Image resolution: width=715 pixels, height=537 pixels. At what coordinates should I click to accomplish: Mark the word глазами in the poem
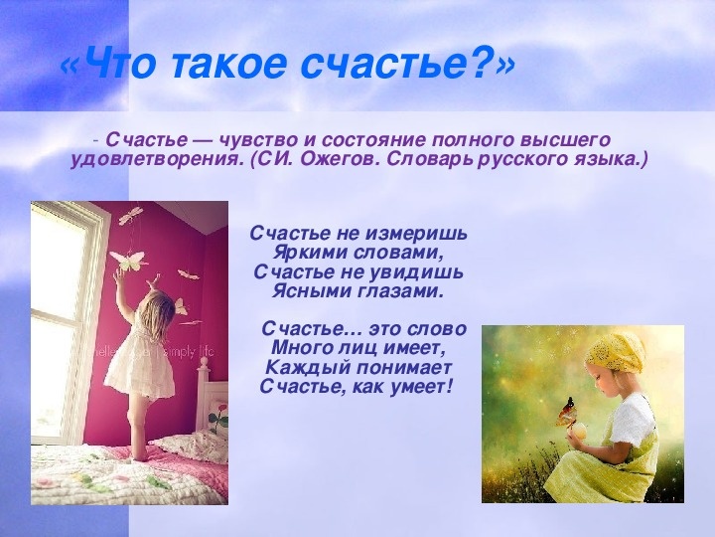click(x=390, y=291)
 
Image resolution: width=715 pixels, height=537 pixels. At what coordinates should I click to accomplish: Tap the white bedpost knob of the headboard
click(x=205, y=365)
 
